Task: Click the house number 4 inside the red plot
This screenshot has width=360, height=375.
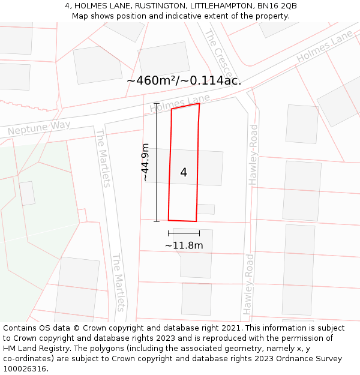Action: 184,173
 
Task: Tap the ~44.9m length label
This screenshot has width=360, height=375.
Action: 145,162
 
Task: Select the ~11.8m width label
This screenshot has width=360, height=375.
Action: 184,245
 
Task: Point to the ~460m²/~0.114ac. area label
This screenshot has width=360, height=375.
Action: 184,80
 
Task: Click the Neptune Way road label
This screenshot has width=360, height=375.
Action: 39,128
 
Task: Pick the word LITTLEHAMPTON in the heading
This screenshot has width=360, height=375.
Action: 223,6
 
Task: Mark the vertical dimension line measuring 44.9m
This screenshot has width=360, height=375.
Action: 157,162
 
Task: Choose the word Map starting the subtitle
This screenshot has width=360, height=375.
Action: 80,16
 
